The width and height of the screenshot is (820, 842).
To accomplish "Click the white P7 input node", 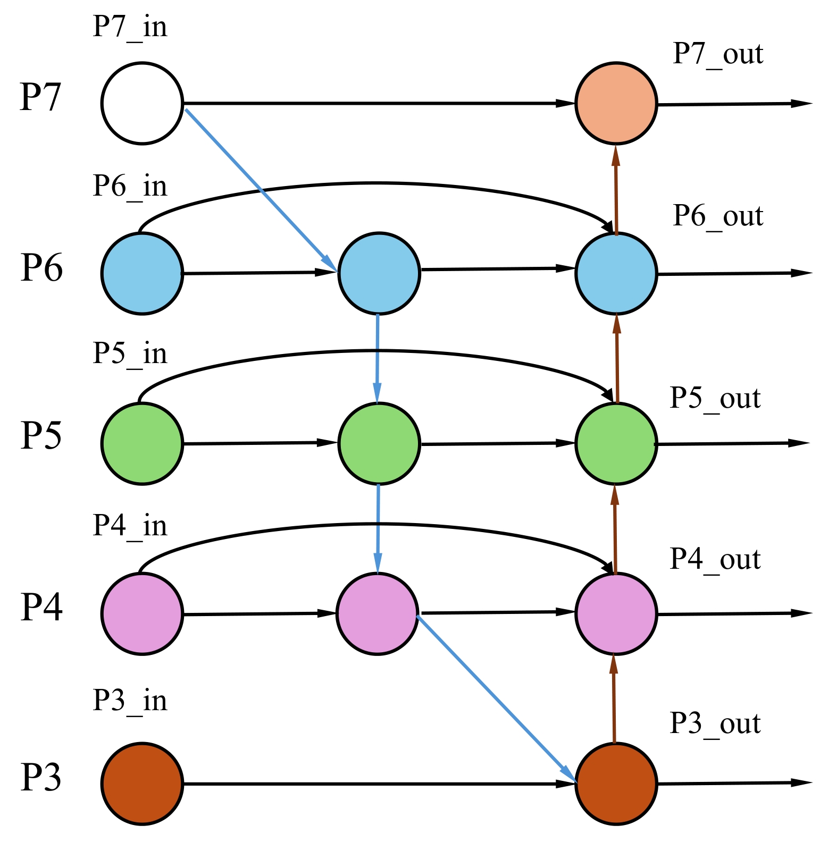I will [x=142, y=103].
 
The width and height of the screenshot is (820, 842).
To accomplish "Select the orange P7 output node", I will [x=616, y=103].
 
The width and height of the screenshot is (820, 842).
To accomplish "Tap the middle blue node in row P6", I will [x=379, y=273].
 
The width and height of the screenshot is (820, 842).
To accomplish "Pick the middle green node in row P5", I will [x=379, y=443].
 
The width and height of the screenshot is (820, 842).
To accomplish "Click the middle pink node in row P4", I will [x=377, y=613].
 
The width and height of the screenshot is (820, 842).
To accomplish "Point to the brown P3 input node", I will [x=142, y=784].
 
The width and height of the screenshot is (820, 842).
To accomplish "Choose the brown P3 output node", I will [x=616, y=784].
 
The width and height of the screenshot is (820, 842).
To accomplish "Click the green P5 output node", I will [x=616, y=443].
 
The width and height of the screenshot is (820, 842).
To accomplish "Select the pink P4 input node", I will [x=142, y=613].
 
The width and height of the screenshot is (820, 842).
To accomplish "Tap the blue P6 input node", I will [x=142, y=273].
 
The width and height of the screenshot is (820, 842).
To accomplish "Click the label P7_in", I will [x=130, y=27].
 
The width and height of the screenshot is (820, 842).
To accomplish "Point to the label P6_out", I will [x=718, y=216].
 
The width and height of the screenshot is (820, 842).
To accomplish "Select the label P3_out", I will [x=715, y=723].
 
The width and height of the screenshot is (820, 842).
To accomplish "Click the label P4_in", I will [x=130, y=526].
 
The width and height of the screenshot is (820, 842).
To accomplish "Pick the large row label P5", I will [x=41, y=436].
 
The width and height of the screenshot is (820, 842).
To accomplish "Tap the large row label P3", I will [x=41, y=777].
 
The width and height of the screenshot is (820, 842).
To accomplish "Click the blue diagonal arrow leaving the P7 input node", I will [x=261, y=189].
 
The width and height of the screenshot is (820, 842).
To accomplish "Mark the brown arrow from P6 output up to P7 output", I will [x=616, y=189].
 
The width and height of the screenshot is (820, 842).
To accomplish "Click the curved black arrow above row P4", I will [x=375, y=525].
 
